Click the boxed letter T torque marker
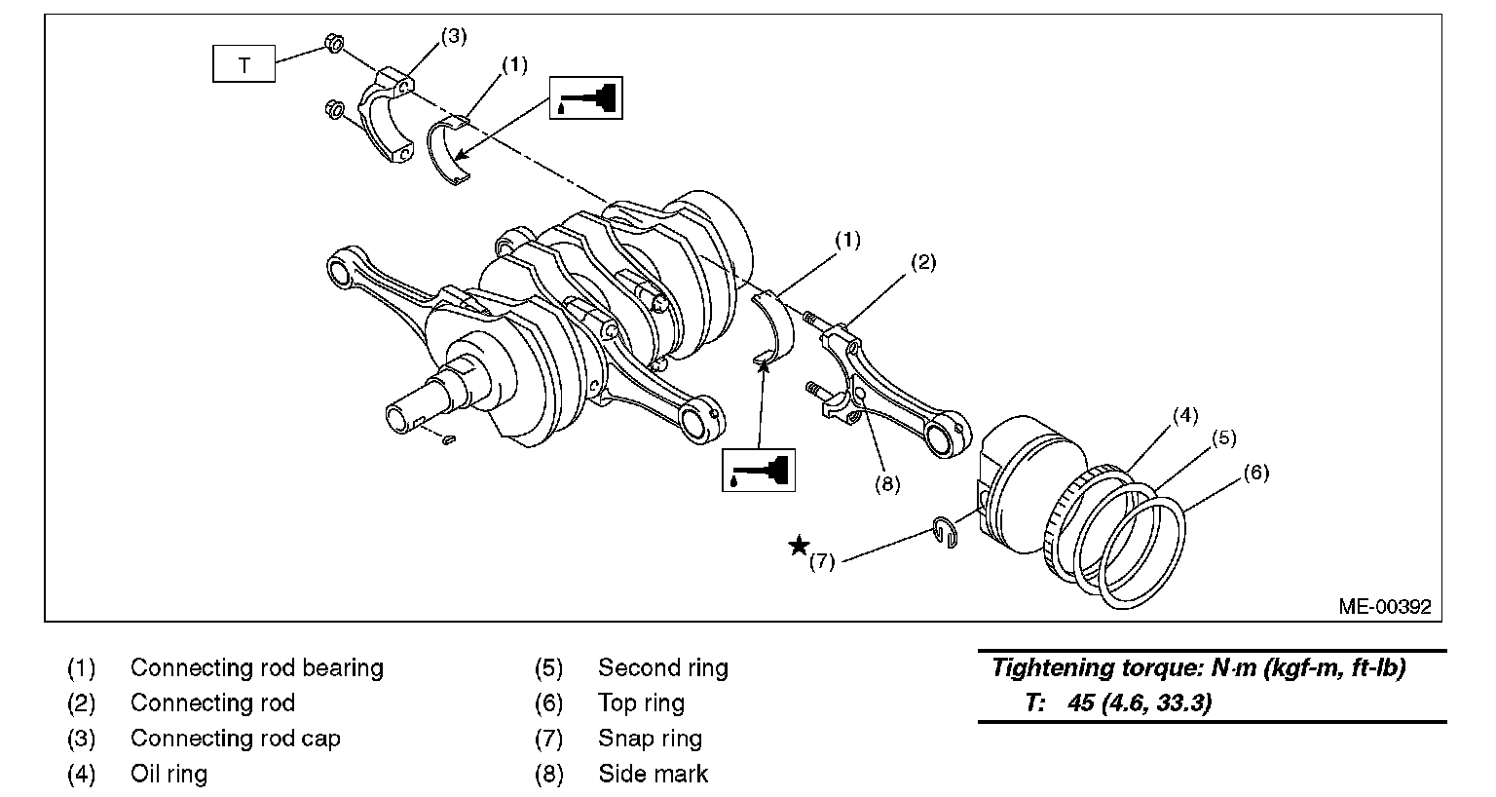click(243, 65)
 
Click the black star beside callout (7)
click(799, 547)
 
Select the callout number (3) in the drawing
click(454, 37)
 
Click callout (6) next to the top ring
click(1256, 473)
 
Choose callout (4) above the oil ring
click(1183, 415)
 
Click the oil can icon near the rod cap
click(586, 97)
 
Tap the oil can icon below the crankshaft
click(759, 470)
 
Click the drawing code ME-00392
click(1384, 606)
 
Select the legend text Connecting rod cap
click(236, 739)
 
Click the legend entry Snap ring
click(650, 739)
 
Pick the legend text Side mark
click(653, 774)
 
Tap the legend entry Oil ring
click(168, 774)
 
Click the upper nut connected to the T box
click(331, 44)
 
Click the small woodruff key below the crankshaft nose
click(448, 440)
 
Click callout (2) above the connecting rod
click(923, 262)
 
